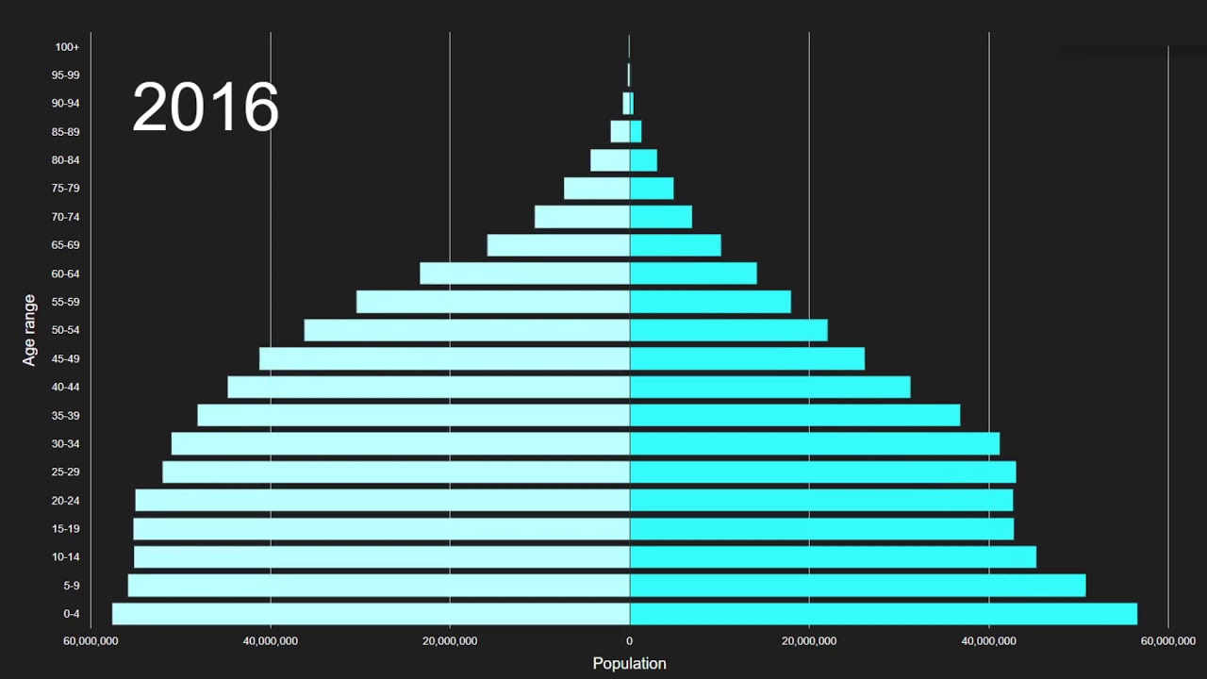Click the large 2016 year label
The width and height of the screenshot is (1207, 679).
tap(206, 107)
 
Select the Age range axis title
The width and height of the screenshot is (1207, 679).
tap(30, 330)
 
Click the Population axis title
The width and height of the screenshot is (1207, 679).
tap(629, 663)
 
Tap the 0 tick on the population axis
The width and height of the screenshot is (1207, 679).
tap(629, 641)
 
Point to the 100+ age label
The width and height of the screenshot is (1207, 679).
tap(67, 47)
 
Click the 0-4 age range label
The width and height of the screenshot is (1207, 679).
tap(72, 614)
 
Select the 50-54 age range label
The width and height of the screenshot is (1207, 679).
tap(66, 330)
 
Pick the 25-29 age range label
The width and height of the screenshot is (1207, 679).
tap(66, 472)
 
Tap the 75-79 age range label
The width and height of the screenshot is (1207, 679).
tap(66, 189)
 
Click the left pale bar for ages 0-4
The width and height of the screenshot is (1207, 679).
tap(371, 614)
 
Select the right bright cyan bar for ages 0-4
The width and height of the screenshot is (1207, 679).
tap(884, 614)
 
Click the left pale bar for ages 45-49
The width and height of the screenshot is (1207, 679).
tap(444, 358)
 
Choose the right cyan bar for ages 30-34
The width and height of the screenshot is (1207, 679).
tap(815, 443)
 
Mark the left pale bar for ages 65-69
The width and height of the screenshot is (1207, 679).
tap(558, 245)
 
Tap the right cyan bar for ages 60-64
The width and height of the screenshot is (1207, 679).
tap(693, 273)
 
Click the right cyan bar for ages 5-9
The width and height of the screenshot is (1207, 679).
tap(857, 586)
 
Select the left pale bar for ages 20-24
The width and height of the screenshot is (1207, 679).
tap(382, 500)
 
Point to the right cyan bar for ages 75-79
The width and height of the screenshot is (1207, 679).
tap(652, 189)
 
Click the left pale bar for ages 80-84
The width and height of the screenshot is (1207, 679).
tap(610, 160)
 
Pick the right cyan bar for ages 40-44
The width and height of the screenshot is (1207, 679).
tap(770, 387)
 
